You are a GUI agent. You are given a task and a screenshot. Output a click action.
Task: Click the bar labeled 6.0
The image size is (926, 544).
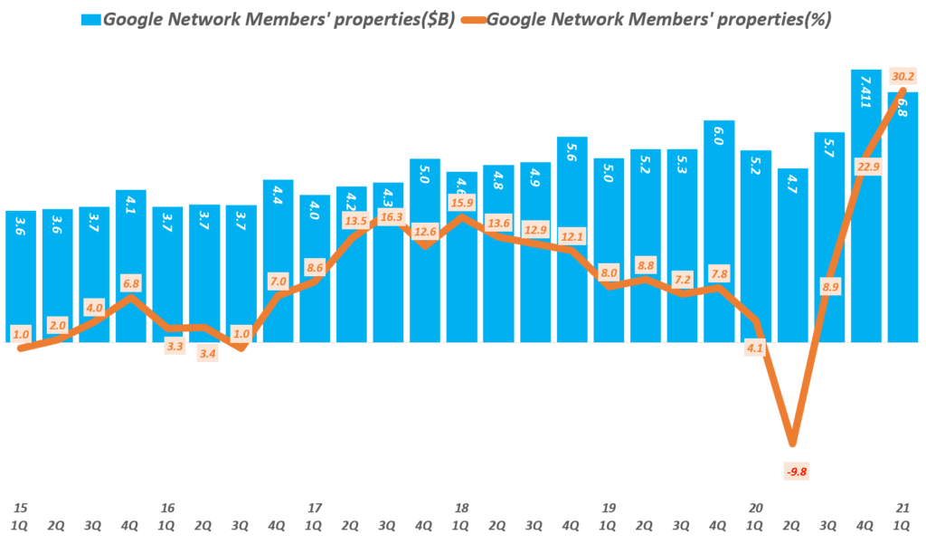718,232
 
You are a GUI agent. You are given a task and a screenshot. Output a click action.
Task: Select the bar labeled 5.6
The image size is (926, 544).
572,240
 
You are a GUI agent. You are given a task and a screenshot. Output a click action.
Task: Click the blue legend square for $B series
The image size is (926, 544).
89,18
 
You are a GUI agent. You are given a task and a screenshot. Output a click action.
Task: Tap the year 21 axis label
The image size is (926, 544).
902,507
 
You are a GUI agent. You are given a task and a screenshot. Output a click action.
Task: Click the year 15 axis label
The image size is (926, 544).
19,507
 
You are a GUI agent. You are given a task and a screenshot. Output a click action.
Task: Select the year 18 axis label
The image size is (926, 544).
461,507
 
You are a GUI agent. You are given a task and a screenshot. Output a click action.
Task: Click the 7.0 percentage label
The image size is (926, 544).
278,282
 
